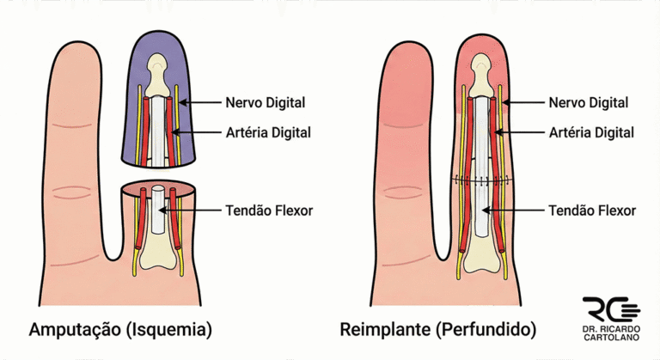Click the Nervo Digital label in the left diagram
pos(264,103)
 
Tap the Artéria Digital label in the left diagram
pos(267,132)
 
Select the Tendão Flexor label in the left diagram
pos(268,210)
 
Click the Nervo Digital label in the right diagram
pos(589,103)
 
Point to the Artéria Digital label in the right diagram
pos(592,132)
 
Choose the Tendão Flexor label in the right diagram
pos(593,210)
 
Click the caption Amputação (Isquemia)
pos(120,329)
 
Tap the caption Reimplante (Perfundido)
pos(438,329)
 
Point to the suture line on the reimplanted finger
pos(485,181)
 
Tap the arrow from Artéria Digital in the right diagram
pos(526,132)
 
